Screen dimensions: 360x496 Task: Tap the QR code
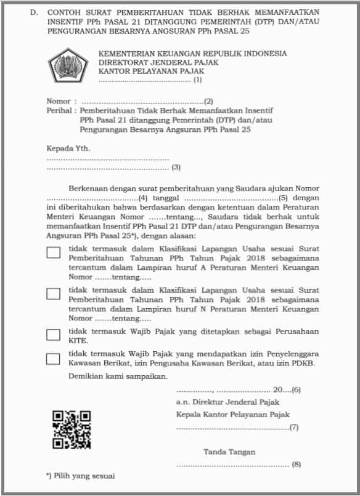pos(72,429)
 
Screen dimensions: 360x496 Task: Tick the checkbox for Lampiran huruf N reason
pos(54,294)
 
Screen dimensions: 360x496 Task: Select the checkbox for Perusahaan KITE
pos(54,335)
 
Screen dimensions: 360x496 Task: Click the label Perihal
pos(59,111)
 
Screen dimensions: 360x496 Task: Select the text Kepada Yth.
pos(68,148)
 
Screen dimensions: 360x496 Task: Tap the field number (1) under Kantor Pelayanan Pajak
pos(197,79)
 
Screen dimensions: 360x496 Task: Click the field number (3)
pos(176,167)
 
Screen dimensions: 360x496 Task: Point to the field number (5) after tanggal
pos(284,198)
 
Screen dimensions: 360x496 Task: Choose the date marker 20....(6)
pos(287,389)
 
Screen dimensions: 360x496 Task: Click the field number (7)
pos(294,426)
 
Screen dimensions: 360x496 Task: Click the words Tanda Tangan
pos(229,452)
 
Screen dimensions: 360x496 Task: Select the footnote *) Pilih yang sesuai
pos(80,476)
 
